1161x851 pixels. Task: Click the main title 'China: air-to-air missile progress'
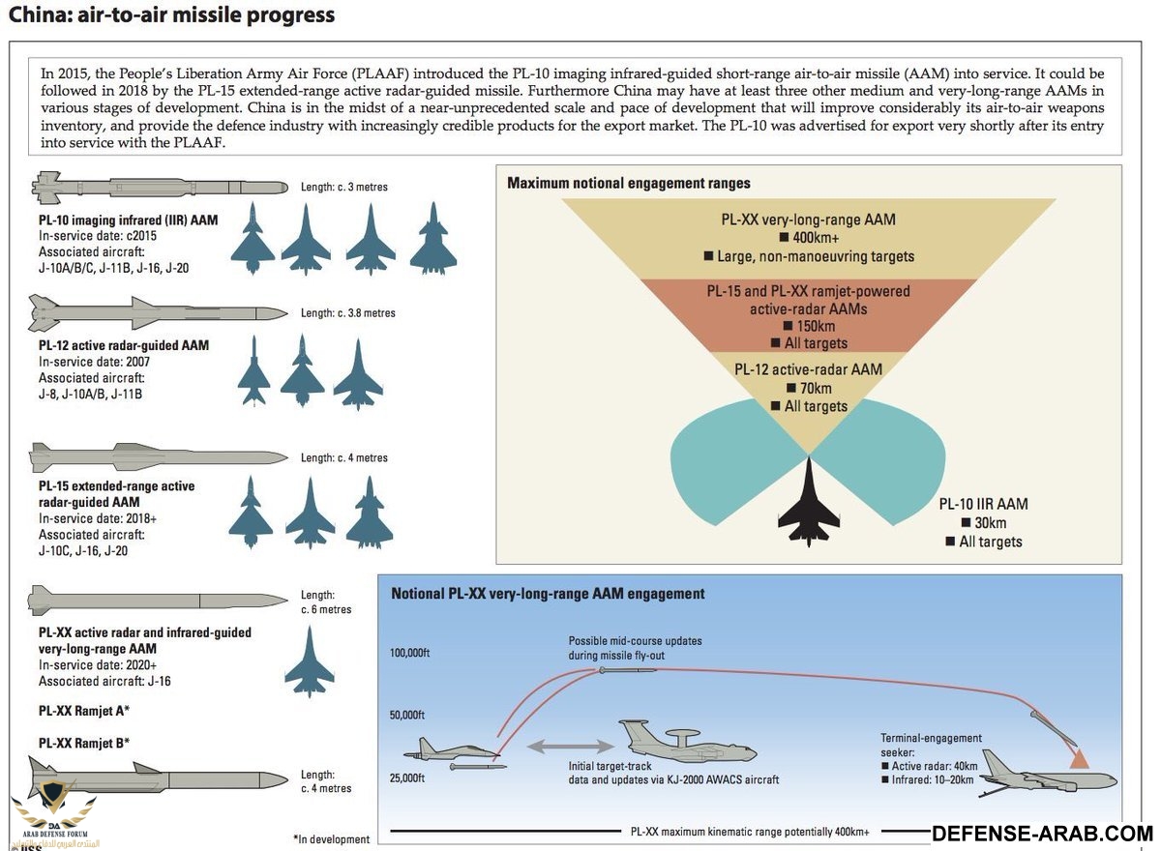172,15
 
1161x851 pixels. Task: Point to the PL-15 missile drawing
160,455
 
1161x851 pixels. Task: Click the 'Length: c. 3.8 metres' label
348,313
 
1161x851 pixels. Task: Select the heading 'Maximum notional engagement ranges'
629,183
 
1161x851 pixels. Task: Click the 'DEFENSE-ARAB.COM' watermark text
1040,834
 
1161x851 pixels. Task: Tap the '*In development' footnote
331,839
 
